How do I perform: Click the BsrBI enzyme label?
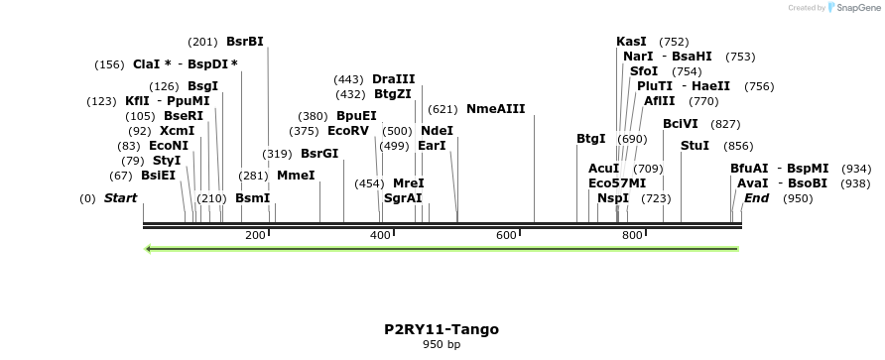tap(244, 42)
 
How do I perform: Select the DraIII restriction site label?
tap(394, 79)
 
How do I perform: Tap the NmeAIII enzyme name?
tap(495, 109)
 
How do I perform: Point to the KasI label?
tap(631, 42)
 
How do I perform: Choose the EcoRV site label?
tap(347, 131)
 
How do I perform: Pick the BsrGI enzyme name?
tap(319, 154)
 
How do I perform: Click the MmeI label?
tap(296, 176)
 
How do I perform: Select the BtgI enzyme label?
tap(590, 139)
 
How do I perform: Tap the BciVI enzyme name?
tap(681, 124)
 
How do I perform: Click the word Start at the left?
tap(120, 198)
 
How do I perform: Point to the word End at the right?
tap(756, 198)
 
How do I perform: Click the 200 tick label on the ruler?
tap(255, 235)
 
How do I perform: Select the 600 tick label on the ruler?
tap(507, 235)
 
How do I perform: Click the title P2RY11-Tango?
tap(442, 329)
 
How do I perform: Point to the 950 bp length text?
tap(442, 345)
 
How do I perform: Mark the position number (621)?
tap(442, 109)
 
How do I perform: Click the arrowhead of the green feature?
tap(149, 249)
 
